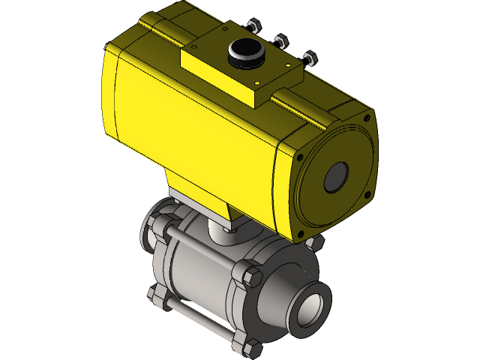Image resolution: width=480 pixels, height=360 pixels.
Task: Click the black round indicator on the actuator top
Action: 244,52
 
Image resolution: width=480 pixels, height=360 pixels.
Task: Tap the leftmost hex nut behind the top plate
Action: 253,25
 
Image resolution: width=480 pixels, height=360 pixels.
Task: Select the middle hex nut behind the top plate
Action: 281,40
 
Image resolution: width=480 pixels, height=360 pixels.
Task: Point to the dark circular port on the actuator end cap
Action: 335,177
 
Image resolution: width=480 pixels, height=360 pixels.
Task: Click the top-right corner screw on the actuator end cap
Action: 366,118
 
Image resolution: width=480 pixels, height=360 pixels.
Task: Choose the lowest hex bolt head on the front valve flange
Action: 252,347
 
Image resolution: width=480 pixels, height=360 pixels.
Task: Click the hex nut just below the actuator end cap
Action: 316,242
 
